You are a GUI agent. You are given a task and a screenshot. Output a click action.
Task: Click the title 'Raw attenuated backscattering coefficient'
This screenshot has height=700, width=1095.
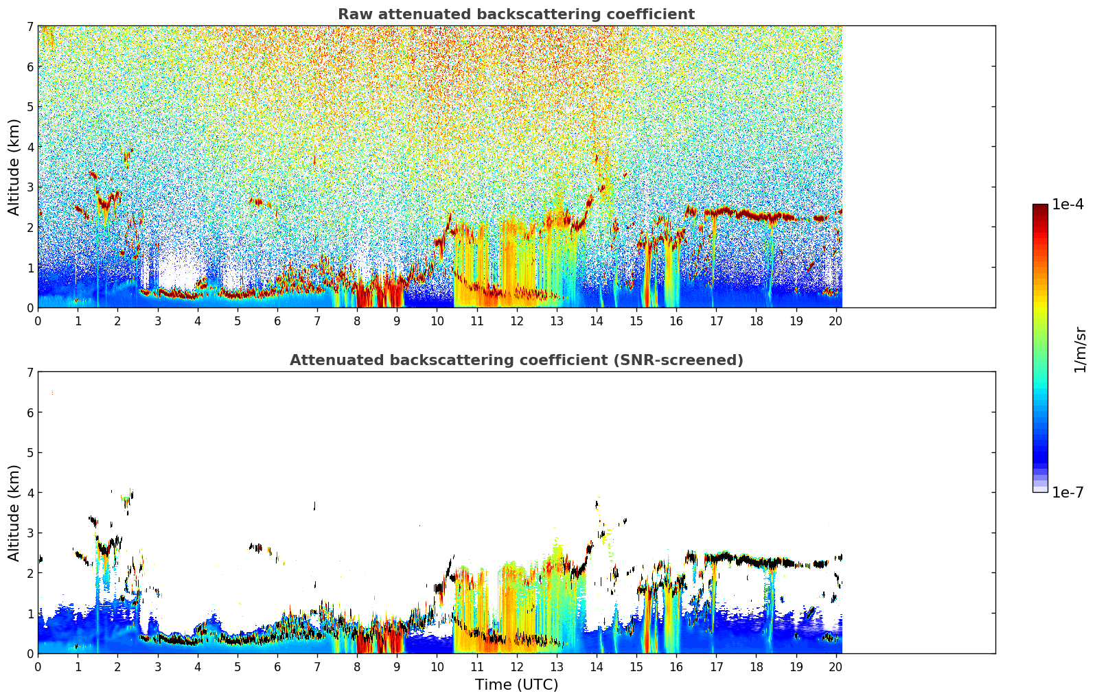[516, 14]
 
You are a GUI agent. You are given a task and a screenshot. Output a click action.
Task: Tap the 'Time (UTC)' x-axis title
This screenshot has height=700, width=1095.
[516, 685]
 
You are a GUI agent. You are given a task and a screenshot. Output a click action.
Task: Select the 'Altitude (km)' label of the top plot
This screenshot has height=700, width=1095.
[14, 167]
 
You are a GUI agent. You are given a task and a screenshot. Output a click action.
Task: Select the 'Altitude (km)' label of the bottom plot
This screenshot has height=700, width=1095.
[14, 513]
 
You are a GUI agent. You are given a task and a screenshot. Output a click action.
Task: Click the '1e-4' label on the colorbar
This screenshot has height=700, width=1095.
[1068, 205]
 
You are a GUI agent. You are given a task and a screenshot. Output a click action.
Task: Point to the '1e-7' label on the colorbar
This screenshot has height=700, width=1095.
[1068, 493]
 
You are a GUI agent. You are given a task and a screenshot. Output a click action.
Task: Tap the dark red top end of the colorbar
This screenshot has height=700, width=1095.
[1040, 207]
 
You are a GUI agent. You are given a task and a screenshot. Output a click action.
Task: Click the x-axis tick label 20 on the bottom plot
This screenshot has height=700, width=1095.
[835, 666]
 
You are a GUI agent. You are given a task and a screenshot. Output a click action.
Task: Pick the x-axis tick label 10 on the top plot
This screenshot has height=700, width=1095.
[437, 320]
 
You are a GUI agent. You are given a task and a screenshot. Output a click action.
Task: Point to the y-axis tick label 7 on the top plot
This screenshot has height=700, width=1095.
[30, 27]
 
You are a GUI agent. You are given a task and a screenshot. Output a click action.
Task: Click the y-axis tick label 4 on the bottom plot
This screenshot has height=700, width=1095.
[30, 493]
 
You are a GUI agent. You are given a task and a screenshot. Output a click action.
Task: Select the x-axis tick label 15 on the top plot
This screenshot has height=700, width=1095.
[636, 320]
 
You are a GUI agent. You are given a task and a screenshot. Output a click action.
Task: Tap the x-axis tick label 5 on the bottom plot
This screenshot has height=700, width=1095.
[238, 666]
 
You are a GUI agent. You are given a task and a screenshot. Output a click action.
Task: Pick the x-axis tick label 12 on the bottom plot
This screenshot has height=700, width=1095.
[516, 666]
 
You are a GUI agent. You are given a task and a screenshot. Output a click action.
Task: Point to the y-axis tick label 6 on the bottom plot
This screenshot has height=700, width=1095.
[30, 412]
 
